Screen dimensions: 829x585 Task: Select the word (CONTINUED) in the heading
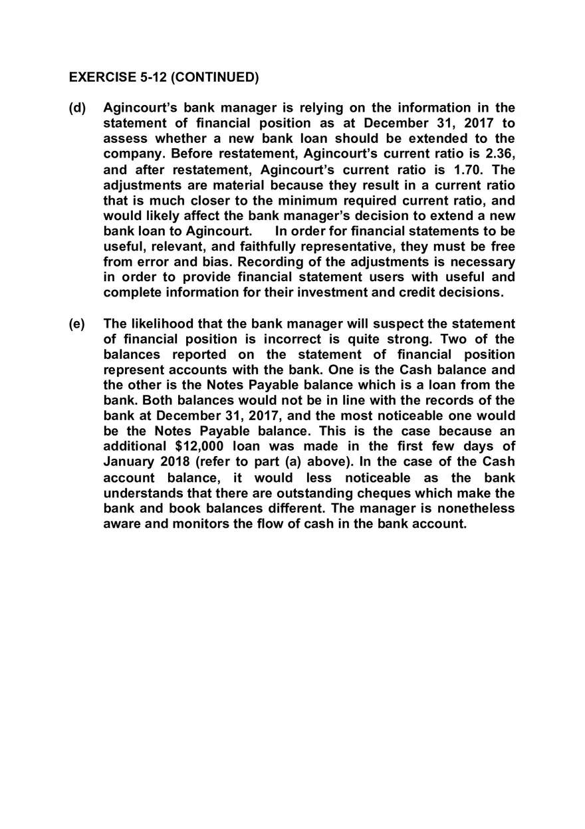pos(215,77)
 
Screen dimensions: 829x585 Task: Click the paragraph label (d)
pos(77,108)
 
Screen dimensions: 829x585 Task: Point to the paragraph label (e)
pos(77,324)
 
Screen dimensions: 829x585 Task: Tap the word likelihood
pos(164,324)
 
